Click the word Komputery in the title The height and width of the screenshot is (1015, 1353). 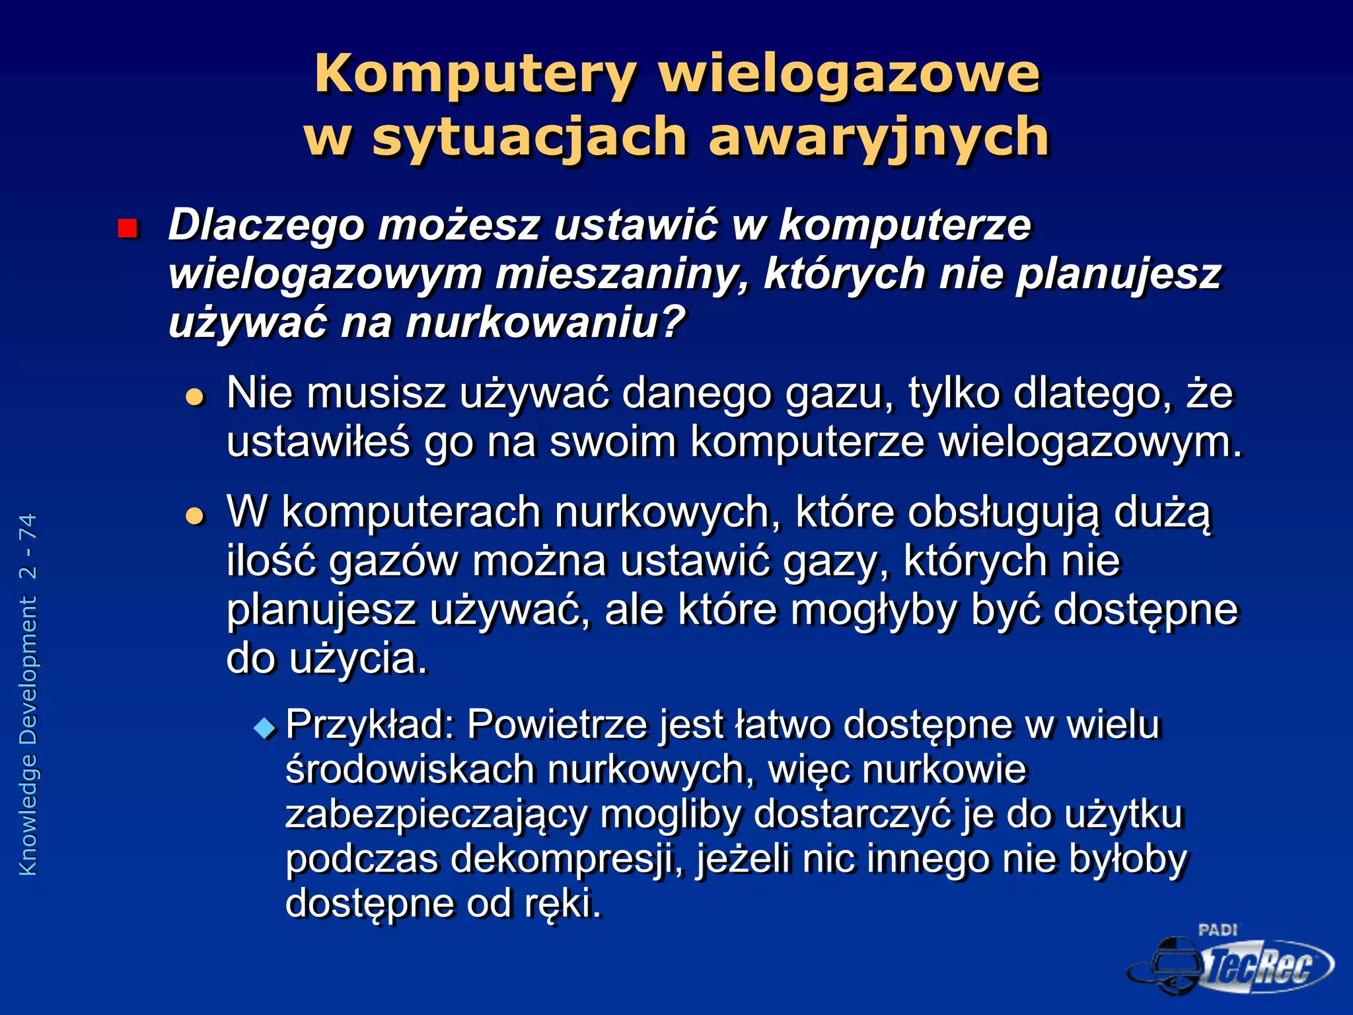pos(474,74)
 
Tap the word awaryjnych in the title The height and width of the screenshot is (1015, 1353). pos(878,137)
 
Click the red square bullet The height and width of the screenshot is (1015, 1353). pos(127,229)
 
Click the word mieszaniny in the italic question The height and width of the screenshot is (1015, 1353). pos(623,274)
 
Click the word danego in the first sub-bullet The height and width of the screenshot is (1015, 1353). pos(697,393)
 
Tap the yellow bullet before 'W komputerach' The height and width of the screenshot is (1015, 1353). pos(195,515)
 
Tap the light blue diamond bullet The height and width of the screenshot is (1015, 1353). pos(265,728)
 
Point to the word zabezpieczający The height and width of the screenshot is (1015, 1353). pos(436,815)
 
